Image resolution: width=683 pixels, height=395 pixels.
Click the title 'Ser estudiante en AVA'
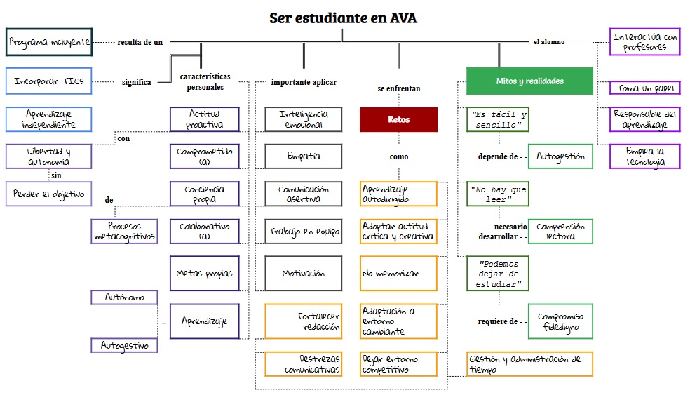pos(342,18)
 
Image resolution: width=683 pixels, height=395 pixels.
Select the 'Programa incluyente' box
pos(49,42)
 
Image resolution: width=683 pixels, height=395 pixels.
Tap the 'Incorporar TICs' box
pos(49,81)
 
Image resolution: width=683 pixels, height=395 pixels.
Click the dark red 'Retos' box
pos(398,119)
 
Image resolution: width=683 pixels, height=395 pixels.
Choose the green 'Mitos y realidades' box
pos(529,81)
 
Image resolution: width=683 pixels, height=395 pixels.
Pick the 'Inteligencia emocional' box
pos(303,119)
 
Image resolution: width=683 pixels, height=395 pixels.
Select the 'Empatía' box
pos(303,156)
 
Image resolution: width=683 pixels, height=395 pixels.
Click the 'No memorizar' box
pos(398,274)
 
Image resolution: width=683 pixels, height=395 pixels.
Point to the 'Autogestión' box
pos(560,156)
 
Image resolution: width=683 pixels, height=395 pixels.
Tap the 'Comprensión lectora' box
pos(560,232)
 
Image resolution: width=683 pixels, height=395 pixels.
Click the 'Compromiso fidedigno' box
pos(560,321)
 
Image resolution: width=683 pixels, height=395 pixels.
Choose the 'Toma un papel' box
pos(645,88)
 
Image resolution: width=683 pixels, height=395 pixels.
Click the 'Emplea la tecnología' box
pos(645,156)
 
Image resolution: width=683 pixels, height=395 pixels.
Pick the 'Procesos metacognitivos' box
pos(124,232)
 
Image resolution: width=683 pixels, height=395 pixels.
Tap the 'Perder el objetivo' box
pos(49,194)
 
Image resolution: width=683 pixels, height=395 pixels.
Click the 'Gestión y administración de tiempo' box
pos(529,364)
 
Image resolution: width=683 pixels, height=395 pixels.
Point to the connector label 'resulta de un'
pos(140,42)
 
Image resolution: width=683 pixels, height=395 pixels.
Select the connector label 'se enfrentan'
pos(398,89)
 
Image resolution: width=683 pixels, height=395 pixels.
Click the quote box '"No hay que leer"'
pos(498,194)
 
